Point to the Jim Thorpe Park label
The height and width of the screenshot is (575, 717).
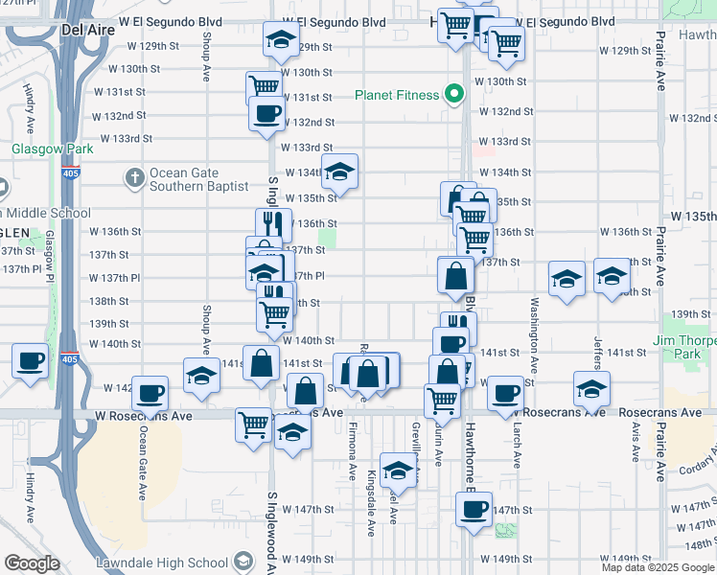coord(683,347)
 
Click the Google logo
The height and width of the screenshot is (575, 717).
coord(31,563)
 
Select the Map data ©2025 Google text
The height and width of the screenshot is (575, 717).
coord(658,567)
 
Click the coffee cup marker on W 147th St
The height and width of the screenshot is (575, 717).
coord(473,509)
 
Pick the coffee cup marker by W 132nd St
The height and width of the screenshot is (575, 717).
coord(266,113)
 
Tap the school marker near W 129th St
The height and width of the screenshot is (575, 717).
coord(280,40)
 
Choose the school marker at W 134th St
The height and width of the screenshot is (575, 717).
coord(338,172)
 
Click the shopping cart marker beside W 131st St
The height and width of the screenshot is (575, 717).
coord(264,86)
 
